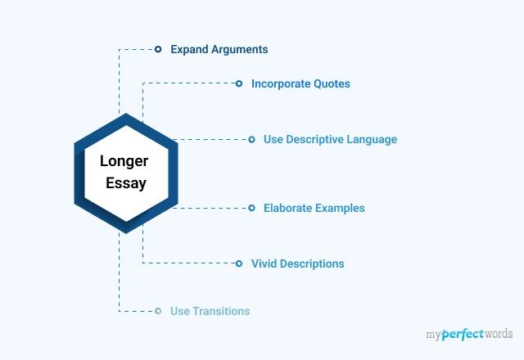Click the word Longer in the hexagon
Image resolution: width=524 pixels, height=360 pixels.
tap(124, 161)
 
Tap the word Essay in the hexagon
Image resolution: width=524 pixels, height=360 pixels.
tap(126, 182)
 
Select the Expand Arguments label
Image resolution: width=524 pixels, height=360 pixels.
tap(219, 49)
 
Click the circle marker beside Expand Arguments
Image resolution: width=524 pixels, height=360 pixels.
tap(158, 49)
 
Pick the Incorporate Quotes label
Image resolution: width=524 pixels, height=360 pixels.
tap(300, 83)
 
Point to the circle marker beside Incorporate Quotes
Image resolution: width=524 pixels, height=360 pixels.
tap(239, 83)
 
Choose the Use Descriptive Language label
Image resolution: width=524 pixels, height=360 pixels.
tap(330, 139)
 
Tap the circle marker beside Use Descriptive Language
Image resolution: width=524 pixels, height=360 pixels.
tap(251, 139)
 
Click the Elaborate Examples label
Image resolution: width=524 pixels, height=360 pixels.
tap(314, 208)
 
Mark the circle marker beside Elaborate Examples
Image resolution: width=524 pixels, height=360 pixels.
tap(251, 208)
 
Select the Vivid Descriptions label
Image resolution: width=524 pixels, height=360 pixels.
tap(297, 263)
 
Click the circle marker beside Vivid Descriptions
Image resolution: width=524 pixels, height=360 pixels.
tap(239, 263)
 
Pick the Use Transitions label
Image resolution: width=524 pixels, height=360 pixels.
tap(210, 311)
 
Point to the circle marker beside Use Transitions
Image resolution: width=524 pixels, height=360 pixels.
tap(158, 311)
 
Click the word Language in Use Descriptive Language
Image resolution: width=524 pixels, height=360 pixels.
tap(371, 139)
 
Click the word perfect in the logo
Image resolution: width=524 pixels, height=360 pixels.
tap(463, 335)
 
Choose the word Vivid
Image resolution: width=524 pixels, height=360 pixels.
tap(265, 263)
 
